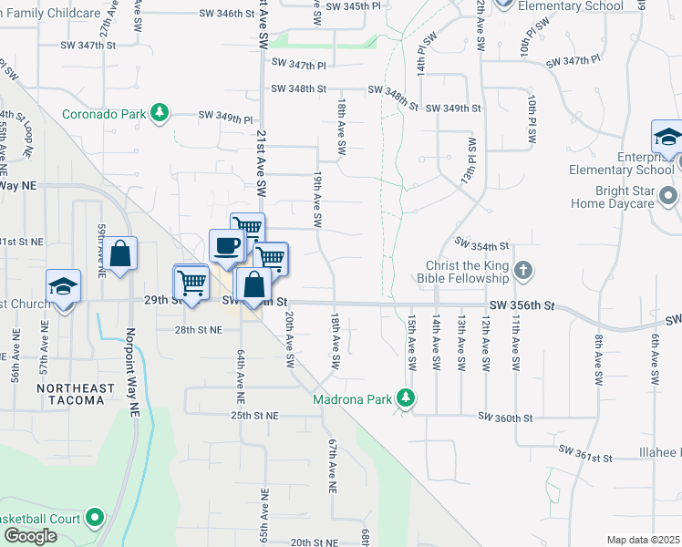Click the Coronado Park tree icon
[160, 113]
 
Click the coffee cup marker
[226, 245]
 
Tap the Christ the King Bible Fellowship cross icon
[522, 271]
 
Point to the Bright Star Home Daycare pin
[668, 197]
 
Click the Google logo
[30, 535]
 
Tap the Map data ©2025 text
[642, 540]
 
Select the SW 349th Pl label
[227, 118]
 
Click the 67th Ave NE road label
[332, 464]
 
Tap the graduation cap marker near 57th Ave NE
[63, 286]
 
